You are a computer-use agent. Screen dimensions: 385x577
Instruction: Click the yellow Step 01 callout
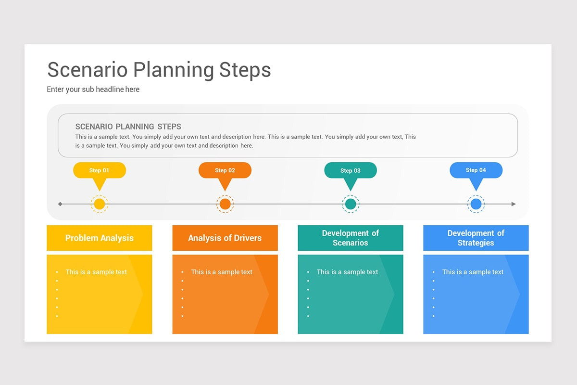tap(100, 170)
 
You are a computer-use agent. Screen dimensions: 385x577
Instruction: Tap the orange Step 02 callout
tap(225, 170)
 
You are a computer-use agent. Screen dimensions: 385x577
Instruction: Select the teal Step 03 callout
tap(351, 170)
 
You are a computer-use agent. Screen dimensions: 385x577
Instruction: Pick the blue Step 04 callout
tap(476, 170)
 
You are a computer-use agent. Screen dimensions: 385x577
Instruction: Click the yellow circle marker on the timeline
tap(100, 204)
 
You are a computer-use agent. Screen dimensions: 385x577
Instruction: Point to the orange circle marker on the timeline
tap(225, 204)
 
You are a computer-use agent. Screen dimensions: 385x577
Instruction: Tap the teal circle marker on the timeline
tap(351, 204)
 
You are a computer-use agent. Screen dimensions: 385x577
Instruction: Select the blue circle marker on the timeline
tap(476, 204)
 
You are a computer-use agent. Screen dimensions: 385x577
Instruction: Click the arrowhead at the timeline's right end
tap(514, 204)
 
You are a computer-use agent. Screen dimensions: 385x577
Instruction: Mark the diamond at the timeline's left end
tap(60, 204)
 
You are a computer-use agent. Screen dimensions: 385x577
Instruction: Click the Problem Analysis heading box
tap(100, 238)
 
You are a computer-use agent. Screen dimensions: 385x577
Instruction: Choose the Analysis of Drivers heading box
tap(225, 238)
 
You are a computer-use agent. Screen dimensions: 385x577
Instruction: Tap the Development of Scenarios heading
tap(351, 238)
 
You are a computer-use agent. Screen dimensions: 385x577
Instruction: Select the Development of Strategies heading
tap(476, 238)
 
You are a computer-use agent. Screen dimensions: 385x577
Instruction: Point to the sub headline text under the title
tap(93, 90)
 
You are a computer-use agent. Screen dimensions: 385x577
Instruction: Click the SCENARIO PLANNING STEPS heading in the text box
tap(128, 127)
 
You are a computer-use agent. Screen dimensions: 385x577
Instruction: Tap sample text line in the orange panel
tap(222, 272)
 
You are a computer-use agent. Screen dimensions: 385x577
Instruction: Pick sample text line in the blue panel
tap(473, 272)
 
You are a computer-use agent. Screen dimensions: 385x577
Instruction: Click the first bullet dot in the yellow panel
tap(57, 272)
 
